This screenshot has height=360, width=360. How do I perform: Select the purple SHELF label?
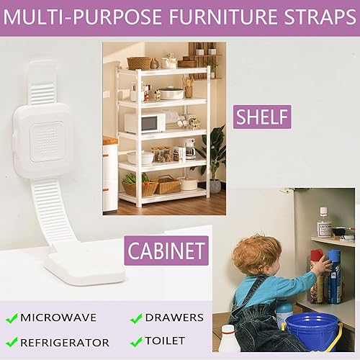(x=263, y=116)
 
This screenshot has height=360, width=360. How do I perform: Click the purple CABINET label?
(x=166, y=251)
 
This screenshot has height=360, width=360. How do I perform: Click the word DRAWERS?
(x=174, y=318)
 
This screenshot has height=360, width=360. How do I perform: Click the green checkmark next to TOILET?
(x=135, y=341)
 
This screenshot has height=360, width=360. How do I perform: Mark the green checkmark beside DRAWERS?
(x=135, y=318)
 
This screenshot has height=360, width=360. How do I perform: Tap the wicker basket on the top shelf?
(x=139, y=63)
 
